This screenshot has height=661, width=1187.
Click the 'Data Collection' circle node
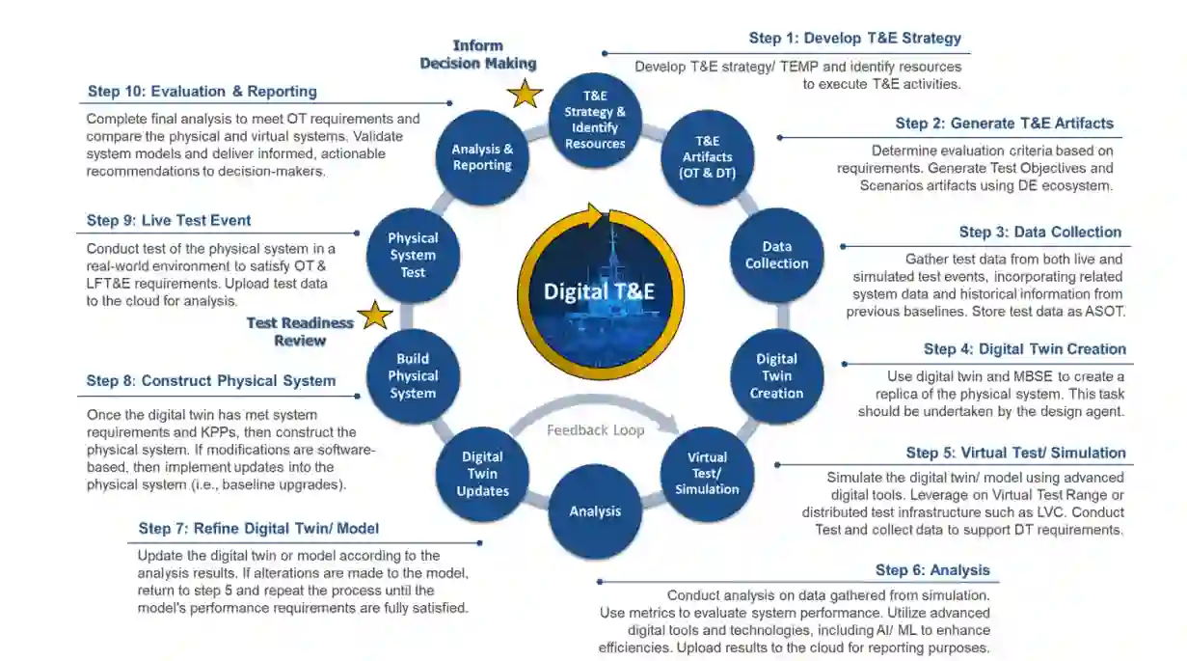click(x=776, y=256)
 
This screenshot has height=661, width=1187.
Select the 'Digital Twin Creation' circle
click(x=776, y=376)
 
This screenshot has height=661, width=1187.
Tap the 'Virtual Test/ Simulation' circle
click(x=707, y=473)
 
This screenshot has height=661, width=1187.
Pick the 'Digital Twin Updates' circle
click(x=482, y=473)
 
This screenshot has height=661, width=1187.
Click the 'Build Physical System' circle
click(x=413, y=376)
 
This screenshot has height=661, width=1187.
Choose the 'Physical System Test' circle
click(x=413, y=255)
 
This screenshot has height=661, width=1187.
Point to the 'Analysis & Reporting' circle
click(x=482, y=157)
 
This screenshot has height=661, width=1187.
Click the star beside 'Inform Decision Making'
click(x=526, y=94)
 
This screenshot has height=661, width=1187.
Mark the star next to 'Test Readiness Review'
click(x=375, y=315)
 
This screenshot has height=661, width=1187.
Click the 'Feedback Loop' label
click(x=596, y=430)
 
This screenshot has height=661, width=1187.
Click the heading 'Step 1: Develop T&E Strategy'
click(x=855, y=39)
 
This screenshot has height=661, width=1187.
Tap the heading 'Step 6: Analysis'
click(x=932, y=570)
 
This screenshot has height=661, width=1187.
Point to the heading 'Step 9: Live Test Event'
click(x=169, y=220)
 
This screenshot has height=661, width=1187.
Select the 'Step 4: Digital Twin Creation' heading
click(x=1025, y=349)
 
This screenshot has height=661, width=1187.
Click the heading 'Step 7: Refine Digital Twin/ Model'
click(x=258, y=528)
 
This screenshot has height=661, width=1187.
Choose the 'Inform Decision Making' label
click(x=478, y=54)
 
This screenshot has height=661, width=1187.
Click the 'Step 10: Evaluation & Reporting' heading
click(x=202, y=92)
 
